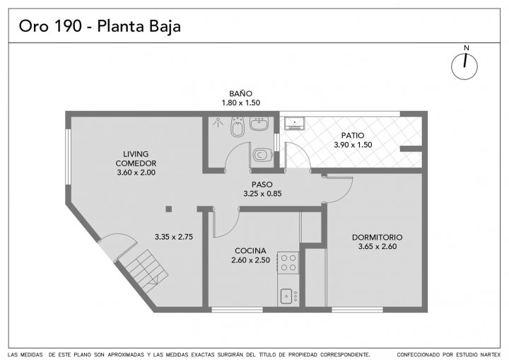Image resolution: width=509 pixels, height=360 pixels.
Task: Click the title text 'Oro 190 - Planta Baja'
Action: coord(100,26)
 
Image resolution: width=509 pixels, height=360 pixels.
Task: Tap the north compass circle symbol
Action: coord(464,66)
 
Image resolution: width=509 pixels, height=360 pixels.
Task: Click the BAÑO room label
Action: coord(240,93)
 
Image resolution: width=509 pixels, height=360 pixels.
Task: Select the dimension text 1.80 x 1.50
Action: coord(240,103)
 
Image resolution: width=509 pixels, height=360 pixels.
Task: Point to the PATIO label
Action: coord(353,136)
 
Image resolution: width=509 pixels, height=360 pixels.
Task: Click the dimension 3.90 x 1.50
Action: coord(353,145)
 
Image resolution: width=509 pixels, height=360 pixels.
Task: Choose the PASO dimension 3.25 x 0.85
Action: coord(262,194)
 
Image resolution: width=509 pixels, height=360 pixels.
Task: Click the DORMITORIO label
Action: coord(378,238)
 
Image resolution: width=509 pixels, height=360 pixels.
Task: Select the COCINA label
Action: coord(250,251)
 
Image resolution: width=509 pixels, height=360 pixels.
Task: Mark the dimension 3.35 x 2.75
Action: coord(174,237)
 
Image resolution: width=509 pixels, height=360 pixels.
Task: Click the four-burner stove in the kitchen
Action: coord(288,262)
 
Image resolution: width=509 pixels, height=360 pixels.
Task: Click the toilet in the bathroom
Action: coord(262,155)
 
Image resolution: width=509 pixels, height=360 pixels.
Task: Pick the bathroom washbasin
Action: coord(259,124)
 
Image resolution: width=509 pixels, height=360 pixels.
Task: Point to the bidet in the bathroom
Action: coord(238,127)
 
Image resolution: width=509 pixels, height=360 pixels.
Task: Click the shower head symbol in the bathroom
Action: coord(218,122)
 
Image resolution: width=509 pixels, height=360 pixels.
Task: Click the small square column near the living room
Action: coord(169,209)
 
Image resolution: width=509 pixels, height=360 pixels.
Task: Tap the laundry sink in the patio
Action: coord(294,123)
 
